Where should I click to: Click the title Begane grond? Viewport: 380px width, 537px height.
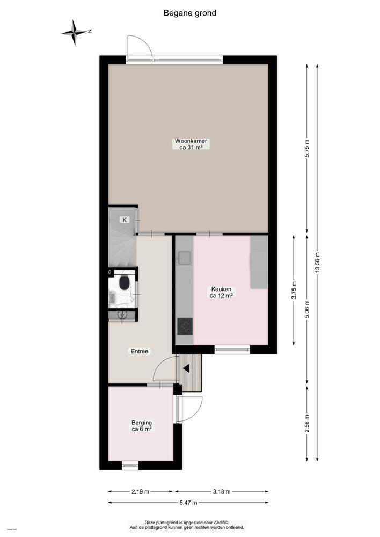click(190, 13)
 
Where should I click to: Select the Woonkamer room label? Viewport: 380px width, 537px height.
click(191, 143)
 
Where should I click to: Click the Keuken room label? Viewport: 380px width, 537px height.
click(221, 292)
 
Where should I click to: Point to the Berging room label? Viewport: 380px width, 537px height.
click(142, 425)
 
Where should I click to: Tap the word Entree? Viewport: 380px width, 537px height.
click(140, 351)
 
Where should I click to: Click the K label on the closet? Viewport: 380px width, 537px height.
click(125, 220)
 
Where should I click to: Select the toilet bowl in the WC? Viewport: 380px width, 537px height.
click(125, 283)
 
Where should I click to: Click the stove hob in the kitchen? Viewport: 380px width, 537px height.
click(185, 326)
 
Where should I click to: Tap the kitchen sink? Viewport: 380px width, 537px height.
click(185, 258)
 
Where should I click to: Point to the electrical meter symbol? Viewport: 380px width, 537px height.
click(122, 315)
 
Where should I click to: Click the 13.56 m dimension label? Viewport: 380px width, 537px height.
click(317, 263)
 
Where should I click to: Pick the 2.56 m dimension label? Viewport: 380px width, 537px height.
click(306, 423)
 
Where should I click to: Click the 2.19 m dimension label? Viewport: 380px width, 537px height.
click(140, 491)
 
